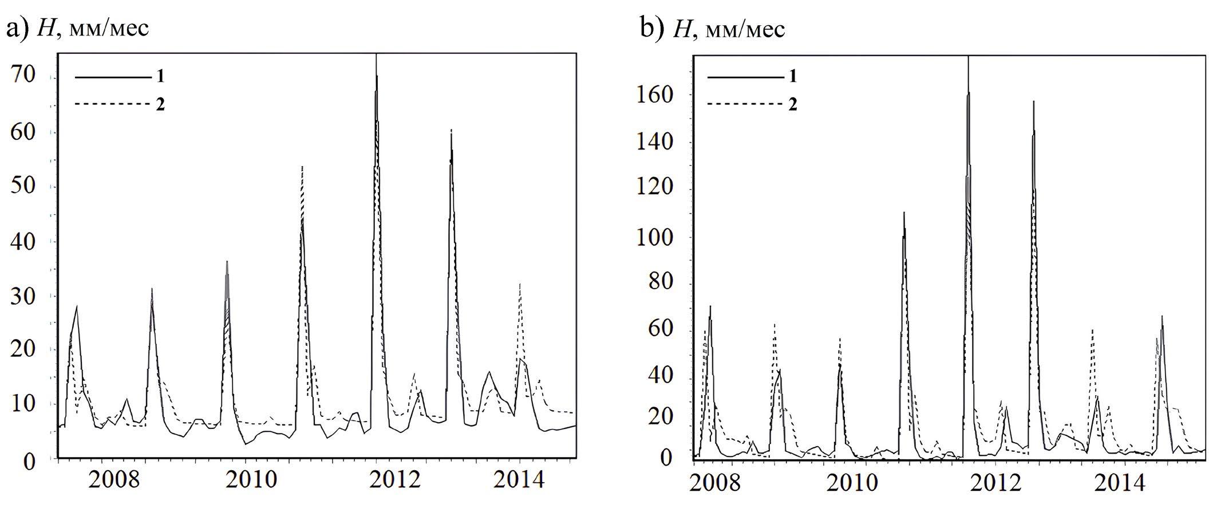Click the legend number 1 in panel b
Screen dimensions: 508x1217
tap(792, 76)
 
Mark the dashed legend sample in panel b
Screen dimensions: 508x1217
tap(745, 104)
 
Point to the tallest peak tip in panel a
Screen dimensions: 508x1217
tap(376, 55)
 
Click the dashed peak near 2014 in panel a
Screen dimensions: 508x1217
tap(519, 284)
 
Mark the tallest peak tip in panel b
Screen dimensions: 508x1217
tap(968, 57)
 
